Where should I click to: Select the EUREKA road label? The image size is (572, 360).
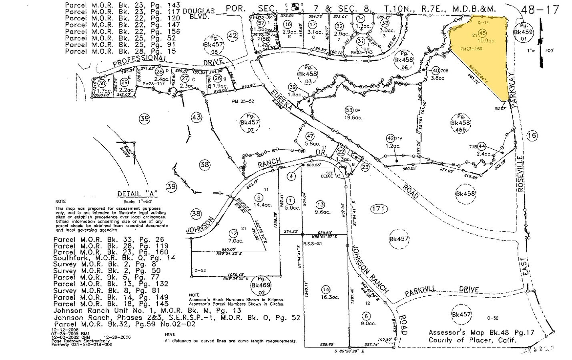click(x=278, y=97)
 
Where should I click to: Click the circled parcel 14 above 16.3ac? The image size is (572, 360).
click(x=326, y=289)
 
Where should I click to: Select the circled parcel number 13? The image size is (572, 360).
click(x=319, y=203)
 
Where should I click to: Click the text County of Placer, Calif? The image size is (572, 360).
click(x=472, y=340)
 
